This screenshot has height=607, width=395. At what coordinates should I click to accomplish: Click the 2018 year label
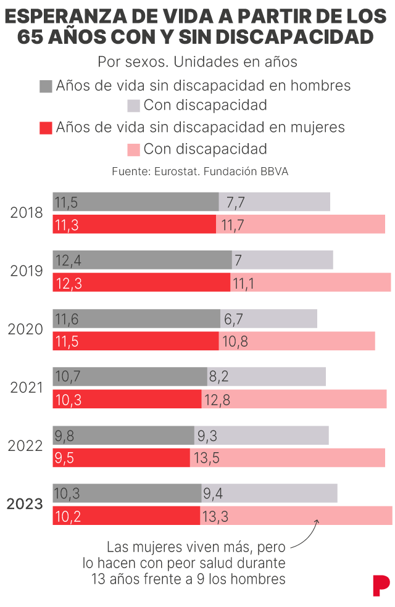pos(27,213)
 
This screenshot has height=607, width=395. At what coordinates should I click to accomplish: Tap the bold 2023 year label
pos(25,504)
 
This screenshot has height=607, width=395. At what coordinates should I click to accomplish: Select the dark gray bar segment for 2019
pos(142,260)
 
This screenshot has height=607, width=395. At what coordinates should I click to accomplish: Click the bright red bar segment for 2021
pos(127,399)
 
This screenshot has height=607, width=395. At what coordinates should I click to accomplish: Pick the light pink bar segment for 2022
pos(287,458)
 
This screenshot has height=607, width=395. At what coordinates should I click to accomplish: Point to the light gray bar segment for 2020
pos(268,318)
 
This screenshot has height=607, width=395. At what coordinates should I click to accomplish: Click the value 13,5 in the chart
pos(207,458)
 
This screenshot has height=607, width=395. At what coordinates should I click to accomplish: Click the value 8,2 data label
pos(222,377)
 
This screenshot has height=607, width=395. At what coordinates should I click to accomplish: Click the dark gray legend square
pos(46,86)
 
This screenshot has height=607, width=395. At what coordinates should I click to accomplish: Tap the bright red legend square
pos(46,128)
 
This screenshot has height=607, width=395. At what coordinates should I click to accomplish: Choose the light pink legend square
pos(133,149)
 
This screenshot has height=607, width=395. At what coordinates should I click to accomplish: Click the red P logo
pos(381,585)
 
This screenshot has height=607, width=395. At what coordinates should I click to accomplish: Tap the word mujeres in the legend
pos(312,127)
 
